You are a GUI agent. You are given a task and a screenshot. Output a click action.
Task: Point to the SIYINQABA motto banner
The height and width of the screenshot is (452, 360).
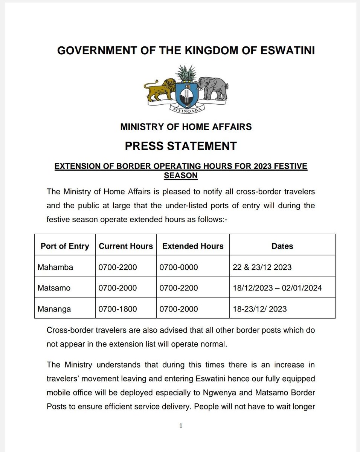186,110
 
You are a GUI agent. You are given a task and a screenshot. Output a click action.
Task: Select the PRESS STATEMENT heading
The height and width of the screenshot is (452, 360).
181,146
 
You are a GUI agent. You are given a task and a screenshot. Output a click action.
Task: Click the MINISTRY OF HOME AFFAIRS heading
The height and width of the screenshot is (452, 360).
186,127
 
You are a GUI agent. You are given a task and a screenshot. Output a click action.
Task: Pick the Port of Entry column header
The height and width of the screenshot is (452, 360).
65,246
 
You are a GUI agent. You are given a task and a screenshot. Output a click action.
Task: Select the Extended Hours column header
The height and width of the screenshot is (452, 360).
193,246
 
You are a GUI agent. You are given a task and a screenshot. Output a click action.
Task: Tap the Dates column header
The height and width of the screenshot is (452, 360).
282,246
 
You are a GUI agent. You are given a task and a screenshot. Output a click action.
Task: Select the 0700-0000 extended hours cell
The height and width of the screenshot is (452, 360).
179,267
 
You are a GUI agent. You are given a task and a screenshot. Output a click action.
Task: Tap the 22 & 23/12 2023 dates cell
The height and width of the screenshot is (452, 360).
262,267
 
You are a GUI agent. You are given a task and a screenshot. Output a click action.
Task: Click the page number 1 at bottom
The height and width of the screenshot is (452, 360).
181,426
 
